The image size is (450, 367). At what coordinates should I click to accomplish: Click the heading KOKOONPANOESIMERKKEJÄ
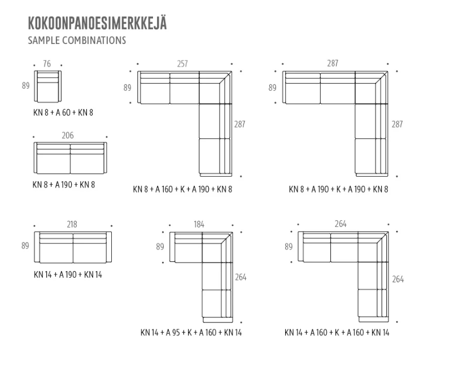coord(97,24)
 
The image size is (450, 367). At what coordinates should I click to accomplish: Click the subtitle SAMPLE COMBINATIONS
coord(76,41)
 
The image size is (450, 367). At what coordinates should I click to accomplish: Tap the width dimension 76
coord(47,64)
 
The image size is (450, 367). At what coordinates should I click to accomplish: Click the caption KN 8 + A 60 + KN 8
coord(63,112)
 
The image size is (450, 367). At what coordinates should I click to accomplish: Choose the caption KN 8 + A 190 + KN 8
coord(64,184)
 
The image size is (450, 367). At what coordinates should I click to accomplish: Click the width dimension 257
coord(182,64)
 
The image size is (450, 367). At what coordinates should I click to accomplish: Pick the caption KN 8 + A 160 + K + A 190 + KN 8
coord(182,189)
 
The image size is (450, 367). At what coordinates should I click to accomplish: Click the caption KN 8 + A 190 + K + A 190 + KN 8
coord(338,189)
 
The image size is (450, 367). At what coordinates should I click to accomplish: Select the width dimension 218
coord(72,224)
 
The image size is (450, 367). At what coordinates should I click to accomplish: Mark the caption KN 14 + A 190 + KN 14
coord(68,275)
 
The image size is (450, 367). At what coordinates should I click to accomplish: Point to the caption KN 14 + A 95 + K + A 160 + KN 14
coord(191,333)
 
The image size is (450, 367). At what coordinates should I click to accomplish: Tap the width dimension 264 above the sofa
coord(340,224)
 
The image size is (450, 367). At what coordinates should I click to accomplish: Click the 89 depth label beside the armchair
coord(25,86)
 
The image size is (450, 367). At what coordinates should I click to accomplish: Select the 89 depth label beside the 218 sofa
coord(25,246)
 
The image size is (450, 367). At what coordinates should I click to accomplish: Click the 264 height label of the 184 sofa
coord(241,278)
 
